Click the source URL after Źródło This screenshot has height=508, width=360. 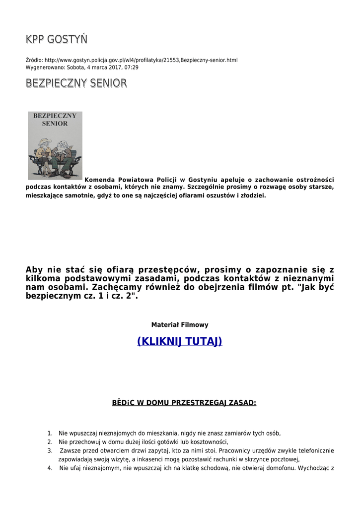(141, 60)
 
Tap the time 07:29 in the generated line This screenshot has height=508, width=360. (131, 67)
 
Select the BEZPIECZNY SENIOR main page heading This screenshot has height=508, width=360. (76, 83)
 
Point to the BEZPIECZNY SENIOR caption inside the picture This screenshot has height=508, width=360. (55, 120)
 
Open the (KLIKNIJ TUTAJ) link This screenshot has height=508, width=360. (179, 341)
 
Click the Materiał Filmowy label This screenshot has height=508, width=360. (179, 325)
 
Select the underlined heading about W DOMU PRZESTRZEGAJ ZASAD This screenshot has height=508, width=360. (184, 403)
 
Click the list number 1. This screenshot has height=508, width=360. (50, 433)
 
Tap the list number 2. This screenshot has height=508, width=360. (50, 442)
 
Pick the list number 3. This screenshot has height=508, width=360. (50, 451)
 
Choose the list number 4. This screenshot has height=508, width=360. (50, 468)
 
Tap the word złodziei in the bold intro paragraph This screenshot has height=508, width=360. (253, 196)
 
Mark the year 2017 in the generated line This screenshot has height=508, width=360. (115, 67)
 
